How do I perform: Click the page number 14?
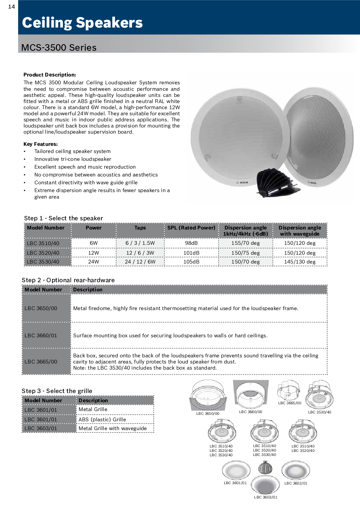tap(12, 6)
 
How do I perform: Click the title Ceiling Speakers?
tap(82, 23)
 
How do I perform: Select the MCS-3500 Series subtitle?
tap(59, 48)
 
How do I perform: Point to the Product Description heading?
tap(50, 75)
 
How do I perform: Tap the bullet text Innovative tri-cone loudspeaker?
tap(73, 159)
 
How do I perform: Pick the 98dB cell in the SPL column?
tap(191, 243)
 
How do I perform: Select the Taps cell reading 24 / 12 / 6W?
tap(140, 262)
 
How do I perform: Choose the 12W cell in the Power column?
tap(94, 253)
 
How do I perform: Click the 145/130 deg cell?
tap(300, 262)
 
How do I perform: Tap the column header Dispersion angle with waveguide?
tap(300, 231)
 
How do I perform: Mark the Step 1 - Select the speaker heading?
tap(64, 218)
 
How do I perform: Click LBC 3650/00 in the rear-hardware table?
tap(41, 308)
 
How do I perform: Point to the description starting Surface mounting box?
tap(170, 336)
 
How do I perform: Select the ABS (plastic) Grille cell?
tap(102, 420)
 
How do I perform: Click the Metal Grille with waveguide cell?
tap(113, 428)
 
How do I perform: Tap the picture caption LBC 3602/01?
tap(296, 483)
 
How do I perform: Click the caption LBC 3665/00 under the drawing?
tap(290, 403)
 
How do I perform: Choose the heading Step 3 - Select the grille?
tap(57, 391)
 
